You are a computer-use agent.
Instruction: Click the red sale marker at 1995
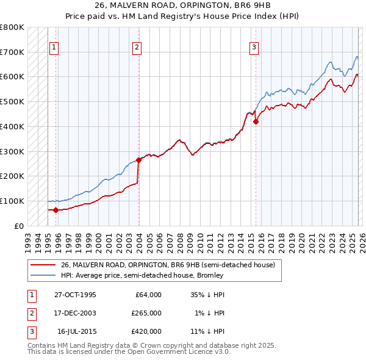[56, 210]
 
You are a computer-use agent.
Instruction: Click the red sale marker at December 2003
[138, 160]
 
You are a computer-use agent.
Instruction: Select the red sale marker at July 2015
[256, 121]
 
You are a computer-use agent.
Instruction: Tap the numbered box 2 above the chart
[137, 47]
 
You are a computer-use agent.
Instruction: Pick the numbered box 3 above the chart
[254, 47]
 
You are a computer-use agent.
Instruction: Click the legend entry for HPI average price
[142, 275]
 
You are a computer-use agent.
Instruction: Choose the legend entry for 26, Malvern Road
[168, 265]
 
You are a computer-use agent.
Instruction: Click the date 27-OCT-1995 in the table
[75, 295]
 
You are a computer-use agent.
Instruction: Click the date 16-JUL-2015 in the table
[76, 331]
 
